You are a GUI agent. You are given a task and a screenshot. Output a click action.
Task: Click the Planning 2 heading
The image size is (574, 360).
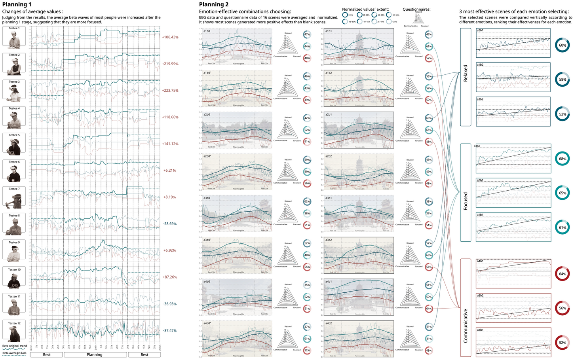coord(214,5)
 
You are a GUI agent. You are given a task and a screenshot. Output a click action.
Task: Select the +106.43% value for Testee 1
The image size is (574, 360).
coord(170,37)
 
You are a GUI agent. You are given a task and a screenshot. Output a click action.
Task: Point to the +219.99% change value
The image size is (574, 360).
coord(170,64)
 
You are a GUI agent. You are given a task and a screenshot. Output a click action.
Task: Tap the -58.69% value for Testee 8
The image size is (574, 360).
coord(170,224)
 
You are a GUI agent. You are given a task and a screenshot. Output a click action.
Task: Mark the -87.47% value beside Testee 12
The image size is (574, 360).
coord(170,331)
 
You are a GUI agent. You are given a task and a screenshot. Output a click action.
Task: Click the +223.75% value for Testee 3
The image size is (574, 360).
coord(170,91)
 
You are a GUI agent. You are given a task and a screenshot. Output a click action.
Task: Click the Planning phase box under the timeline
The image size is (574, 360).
coord(95,355)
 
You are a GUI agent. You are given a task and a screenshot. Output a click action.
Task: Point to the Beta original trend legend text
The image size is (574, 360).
coord(15,346)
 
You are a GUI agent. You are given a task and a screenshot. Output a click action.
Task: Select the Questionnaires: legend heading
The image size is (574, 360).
coord(416,9)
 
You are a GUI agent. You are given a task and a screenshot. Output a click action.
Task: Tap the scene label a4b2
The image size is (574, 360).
coord(329,324)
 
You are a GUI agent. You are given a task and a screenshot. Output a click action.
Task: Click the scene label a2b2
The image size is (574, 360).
coord(329,156)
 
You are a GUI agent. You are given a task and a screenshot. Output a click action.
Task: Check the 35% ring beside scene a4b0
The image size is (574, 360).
coord(307,285)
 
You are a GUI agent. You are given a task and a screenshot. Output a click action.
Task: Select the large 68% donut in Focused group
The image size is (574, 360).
coord(563,159)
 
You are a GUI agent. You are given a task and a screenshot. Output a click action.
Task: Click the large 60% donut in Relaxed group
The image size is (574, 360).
coord(563,45)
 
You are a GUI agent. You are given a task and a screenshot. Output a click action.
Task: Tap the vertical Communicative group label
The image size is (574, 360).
coord(466,325)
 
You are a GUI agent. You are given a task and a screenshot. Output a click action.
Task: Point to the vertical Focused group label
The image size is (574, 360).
coord(466,201)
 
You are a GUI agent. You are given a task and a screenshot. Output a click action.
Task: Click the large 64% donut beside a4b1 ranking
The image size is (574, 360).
coord(563,274)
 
